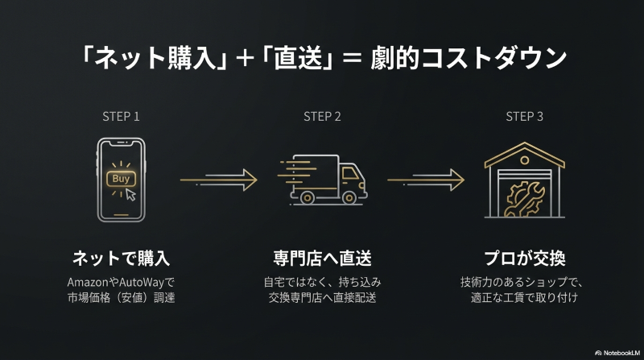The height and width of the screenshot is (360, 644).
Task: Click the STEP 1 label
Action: click(x=121, y=116)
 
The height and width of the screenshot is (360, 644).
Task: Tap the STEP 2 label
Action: click(x=322, y=116)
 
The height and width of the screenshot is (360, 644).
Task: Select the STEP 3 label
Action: click(x=524, y=116)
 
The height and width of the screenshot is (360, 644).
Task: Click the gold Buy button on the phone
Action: click(x=121, y=178)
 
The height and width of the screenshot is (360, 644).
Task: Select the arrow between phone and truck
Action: click(x=218, y=179)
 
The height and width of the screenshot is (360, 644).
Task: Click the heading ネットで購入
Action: click(x=121, y=259)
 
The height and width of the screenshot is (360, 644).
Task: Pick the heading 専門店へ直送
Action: click(x=322, y=259)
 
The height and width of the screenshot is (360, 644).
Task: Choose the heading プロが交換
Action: click(x=524, y=259)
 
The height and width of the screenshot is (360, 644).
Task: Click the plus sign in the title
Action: click(x=240, y=59)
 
